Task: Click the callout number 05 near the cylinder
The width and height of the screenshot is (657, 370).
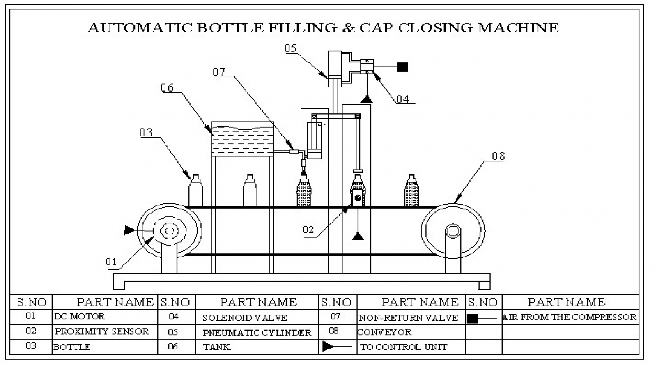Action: (x=290, y=48)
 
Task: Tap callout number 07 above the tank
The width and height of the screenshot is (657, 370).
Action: (x=219, y=72)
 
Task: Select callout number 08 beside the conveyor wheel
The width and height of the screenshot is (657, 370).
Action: (x=498, y=156)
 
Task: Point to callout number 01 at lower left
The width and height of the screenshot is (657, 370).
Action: (x=111, y=262)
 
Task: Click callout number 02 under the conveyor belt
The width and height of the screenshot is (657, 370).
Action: (x=308, y=230)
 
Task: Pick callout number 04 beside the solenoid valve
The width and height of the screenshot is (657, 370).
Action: (x=403, y=99)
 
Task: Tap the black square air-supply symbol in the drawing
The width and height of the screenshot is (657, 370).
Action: (x=402, y=67)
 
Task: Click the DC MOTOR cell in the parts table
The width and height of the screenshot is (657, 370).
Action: (x=80, y=317)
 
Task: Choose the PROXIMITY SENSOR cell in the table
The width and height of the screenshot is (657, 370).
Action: (x=102, y=331)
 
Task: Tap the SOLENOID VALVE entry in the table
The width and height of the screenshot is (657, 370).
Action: (x=245, y=318)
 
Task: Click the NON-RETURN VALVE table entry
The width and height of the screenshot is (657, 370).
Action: (x=408, y=318)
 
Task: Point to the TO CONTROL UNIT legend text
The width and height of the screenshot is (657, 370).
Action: (x=403, y=347)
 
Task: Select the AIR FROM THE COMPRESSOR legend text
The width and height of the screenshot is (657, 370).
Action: (x=569, y=317)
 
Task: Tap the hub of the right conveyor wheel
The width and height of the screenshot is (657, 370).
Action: (x=453, y=231)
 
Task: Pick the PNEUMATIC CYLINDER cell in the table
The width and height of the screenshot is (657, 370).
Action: (x=257, y=333)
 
